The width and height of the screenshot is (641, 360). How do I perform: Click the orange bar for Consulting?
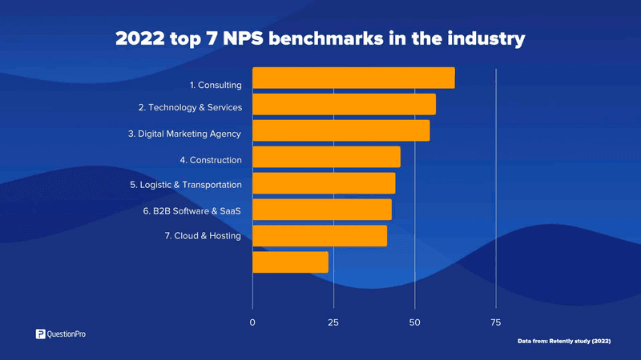click(x=353, y=78)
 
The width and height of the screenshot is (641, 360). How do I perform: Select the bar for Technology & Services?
click(x=344, y=105)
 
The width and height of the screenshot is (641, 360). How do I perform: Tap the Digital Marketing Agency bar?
click(x=341, y=130)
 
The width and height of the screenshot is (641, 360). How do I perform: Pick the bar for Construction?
click(x=326, y=157)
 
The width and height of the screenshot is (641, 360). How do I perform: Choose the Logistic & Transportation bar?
click(x=324, y=183)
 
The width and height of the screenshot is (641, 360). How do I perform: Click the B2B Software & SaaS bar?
click(x=322, y=210)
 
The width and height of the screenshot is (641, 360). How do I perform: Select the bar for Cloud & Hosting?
click(x=320, y=236)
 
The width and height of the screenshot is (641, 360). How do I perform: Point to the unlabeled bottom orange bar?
click(x=290, y=262)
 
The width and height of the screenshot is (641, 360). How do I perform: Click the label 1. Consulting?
click(x=211, y=85)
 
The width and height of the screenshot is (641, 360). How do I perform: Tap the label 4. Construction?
click(x=210, y=160)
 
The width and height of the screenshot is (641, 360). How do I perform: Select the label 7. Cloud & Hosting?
click(x=203, y=235)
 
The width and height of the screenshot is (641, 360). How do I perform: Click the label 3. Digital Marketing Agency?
click(x=184, y=134)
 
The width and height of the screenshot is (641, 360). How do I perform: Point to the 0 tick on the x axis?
click(x=252, y=322)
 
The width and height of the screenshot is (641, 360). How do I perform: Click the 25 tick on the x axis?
click(x=333, y=322)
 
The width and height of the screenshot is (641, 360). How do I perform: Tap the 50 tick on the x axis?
click(x=414, y=322)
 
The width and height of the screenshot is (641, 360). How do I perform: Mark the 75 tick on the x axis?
click(x=495, y=322)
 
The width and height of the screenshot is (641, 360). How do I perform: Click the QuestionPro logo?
click(x=60, y=334)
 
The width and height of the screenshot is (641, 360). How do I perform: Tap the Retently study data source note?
click(x=564, y=342)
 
